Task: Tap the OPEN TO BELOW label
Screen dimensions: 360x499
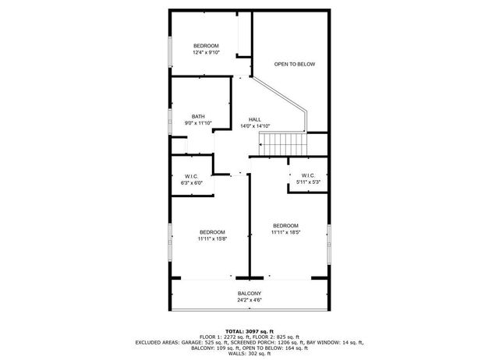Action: (295, 64)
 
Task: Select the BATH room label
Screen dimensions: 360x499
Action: (198, 117)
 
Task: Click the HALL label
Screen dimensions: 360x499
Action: (255, 119)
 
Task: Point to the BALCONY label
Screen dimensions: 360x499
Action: (249, 294)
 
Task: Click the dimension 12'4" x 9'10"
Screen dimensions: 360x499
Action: (206, 53)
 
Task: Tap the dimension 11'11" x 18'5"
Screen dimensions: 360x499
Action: (285, 232)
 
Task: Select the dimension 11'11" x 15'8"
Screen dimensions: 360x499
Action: (212, 239)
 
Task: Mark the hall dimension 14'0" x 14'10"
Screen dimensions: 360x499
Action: (255, 126)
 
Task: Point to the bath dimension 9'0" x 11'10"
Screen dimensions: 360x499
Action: (198, 124)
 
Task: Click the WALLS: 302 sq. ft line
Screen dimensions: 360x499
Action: (249, 355)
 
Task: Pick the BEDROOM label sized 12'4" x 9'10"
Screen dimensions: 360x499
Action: (206, 46)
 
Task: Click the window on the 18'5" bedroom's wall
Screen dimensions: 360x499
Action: (329, 243)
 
